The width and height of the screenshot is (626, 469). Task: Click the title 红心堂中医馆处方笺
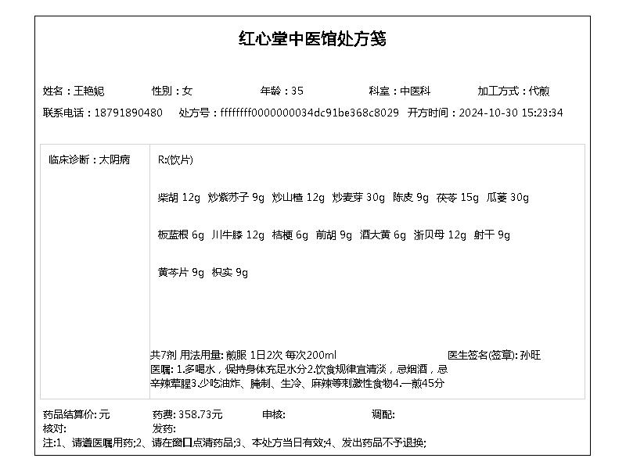point(312,39)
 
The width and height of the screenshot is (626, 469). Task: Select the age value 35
point(297,91)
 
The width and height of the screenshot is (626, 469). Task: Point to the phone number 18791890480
point(128,113)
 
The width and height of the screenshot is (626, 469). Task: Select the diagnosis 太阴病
point(114,159)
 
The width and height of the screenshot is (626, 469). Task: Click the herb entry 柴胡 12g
point(179,198)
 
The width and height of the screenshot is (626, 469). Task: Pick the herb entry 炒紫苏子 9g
point(236,198)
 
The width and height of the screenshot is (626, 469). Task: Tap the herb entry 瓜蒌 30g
point(507,198)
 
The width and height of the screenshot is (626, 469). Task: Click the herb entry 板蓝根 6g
point(181,234)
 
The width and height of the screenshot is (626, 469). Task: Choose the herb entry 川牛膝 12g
point(238,234)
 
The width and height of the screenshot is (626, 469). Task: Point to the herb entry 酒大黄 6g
point(383,234)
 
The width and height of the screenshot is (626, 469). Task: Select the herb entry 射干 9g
point(491,234)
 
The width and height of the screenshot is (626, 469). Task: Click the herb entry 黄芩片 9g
point(181,272)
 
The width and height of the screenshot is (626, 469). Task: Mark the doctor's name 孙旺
point(530,355)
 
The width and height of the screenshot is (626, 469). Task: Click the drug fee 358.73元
point(200,414)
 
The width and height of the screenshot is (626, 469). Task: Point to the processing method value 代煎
point(538,91)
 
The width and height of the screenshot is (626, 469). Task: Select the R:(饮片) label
point(175,159)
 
